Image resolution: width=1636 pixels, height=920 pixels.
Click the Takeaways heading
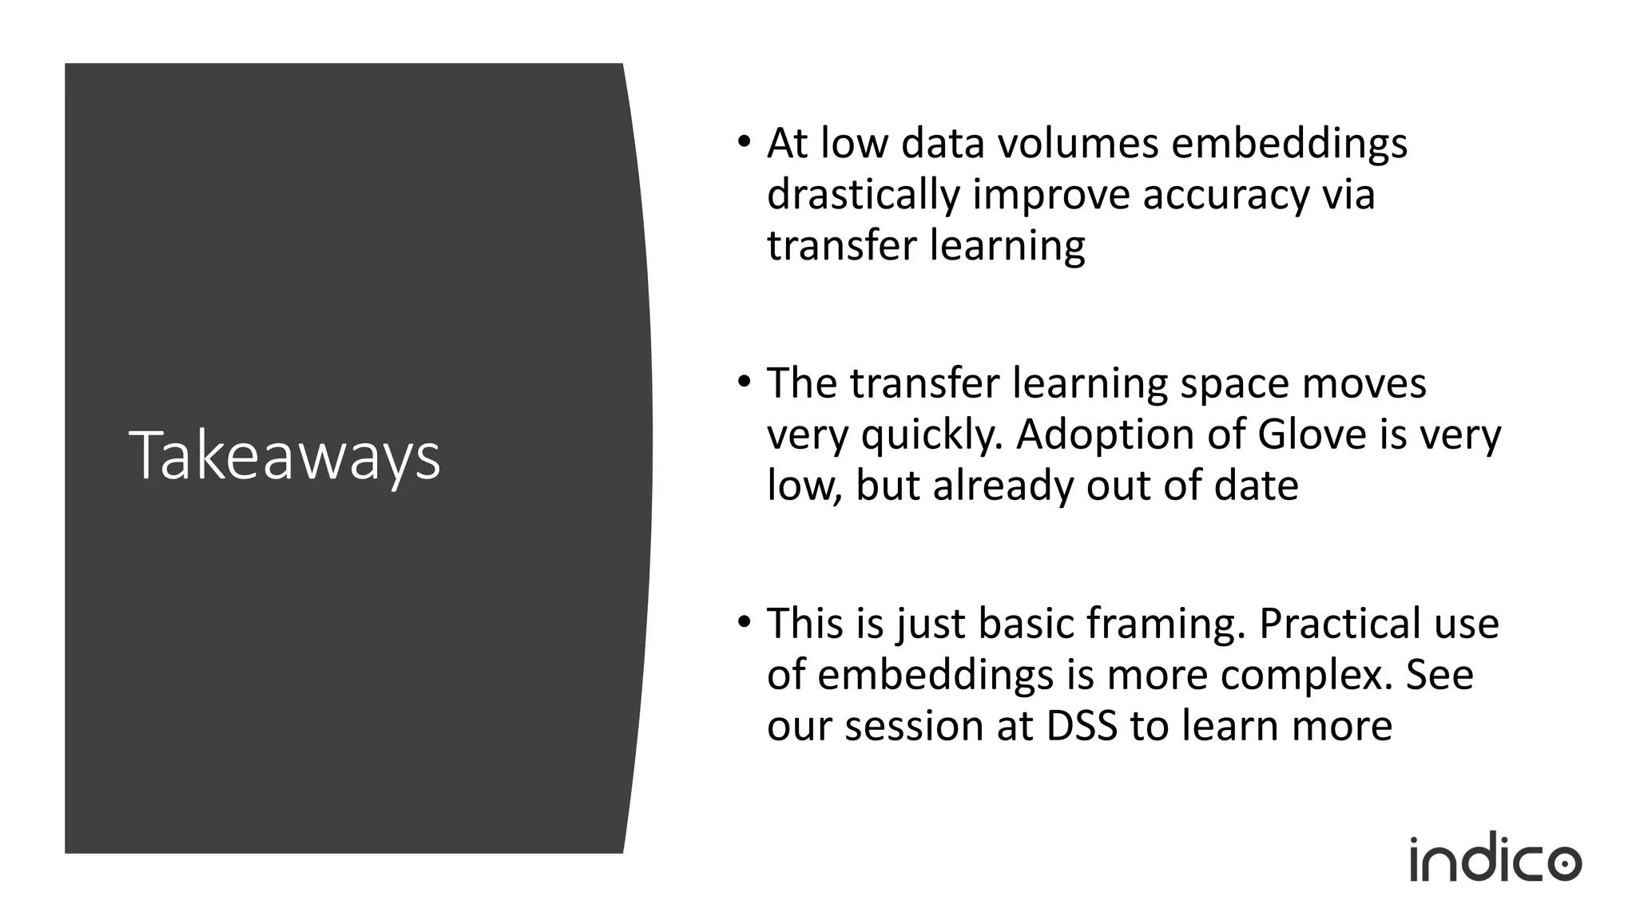click(284, 456)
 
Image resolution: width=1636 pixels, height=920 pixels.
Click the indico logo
click(1495, 859)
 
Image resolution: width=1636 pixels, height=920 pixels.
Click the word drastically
click(863, 196)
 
